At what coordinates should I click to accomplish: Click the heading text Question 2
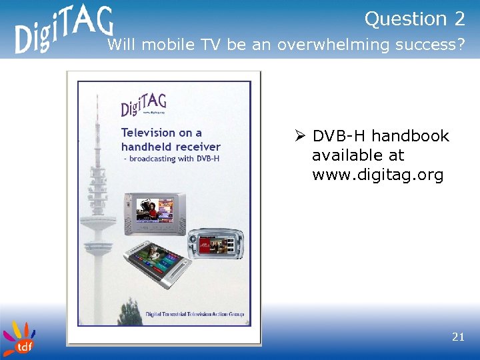pos(414,19)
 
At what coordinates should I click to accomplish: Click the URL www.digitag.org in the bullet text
pos(377,175)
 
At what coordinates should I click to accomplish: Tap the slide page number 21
pos(458,337)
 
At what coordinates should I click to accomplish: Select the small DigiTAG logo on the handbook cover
pos(143,105)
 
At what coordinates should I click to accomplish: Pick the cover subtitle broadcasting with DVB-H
pos(175,159)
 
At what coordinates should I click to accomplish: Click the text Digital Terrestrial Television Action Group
pos(186,314)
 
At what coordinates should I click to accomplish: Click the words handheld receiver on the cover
pos(171,146)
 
